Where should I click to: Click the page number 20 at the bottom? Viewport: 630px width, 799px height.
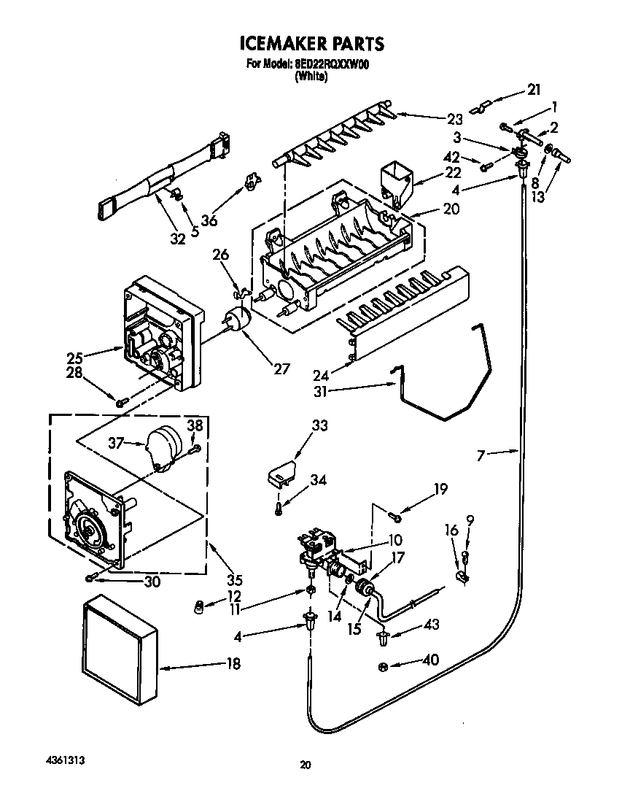point(306,765)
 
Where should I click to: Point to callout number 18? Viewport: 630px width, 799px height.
point(233,664)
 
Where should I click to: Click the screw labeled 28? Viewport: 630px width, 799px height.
point(121,400)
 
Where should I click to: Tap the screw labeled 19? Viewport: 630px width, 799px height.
point(396,517)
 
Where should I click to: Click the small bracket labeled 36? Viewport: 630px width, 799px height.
point(251,181)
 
